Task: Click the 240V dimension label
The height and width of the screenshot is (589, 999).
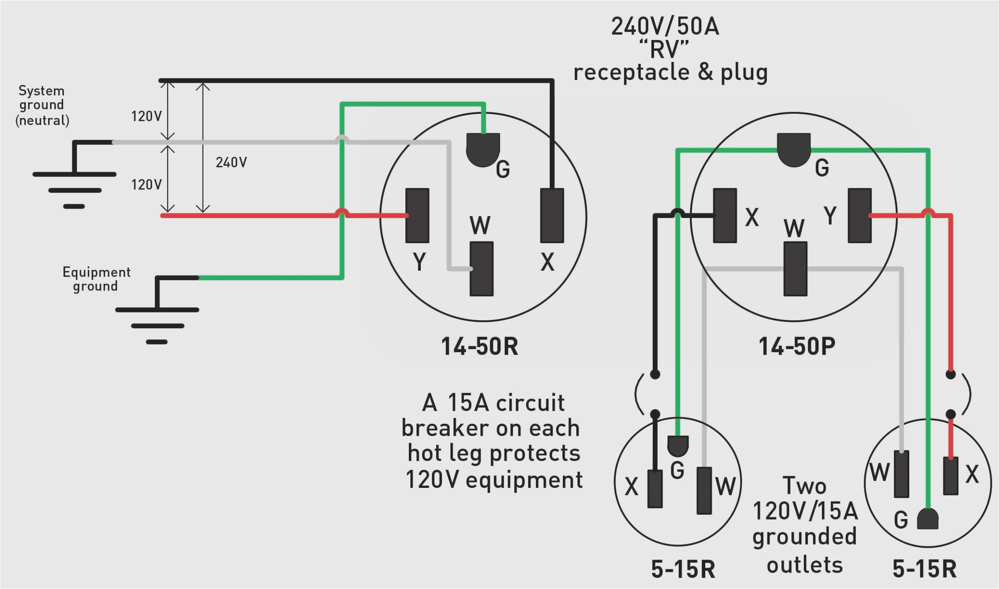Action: tap(231, 163)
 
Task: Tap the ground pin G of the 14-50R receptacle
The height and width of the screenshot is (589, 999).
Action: tap(483, 149)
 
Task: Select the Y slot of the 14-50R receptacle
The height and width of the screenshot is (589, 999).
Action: tap(417, 216)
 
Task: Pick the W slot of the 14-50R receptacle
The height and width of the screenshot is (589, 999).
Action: tap(481, 269)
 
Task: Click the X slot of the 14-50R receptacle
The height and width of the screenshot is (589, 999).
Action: tap(552, 216)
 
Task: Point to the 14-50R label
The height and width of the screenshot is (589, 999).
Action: tap(479, 346)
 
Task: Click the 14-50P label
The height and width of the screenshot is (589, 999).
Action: tap(797, 346)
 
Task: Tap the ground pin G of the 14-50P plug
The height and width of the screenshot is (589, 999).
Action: tap(793, 149)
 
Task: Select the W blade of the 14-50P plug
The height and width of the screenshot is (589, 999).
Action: tap(795, 269)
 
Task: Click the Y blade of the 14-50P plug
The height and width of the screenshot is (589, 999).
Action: tap(860, 216)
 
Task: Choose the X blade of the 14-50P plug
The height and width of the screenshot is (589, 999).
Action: tap(725, 216)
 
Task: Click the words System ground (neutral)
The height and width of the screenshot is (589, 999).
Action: tap(42, 105)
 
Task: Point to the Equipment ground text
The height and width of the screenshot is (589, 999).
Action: tap(96, 279)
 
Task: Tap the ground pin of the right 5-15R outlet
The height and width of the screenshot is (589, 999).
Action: tap(928, 520)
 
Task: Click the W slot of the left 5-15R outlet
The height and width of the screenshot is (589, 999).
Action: tap(704, 491)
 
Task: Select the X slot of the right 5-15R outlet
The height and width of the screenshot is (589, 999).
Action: tap(950, 476)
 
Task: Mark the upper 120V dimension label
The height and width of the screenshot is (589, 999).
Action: tap(146, 116)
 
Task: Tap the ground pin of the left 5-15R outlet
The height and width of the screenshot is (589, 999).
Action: tap(678, 446)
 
